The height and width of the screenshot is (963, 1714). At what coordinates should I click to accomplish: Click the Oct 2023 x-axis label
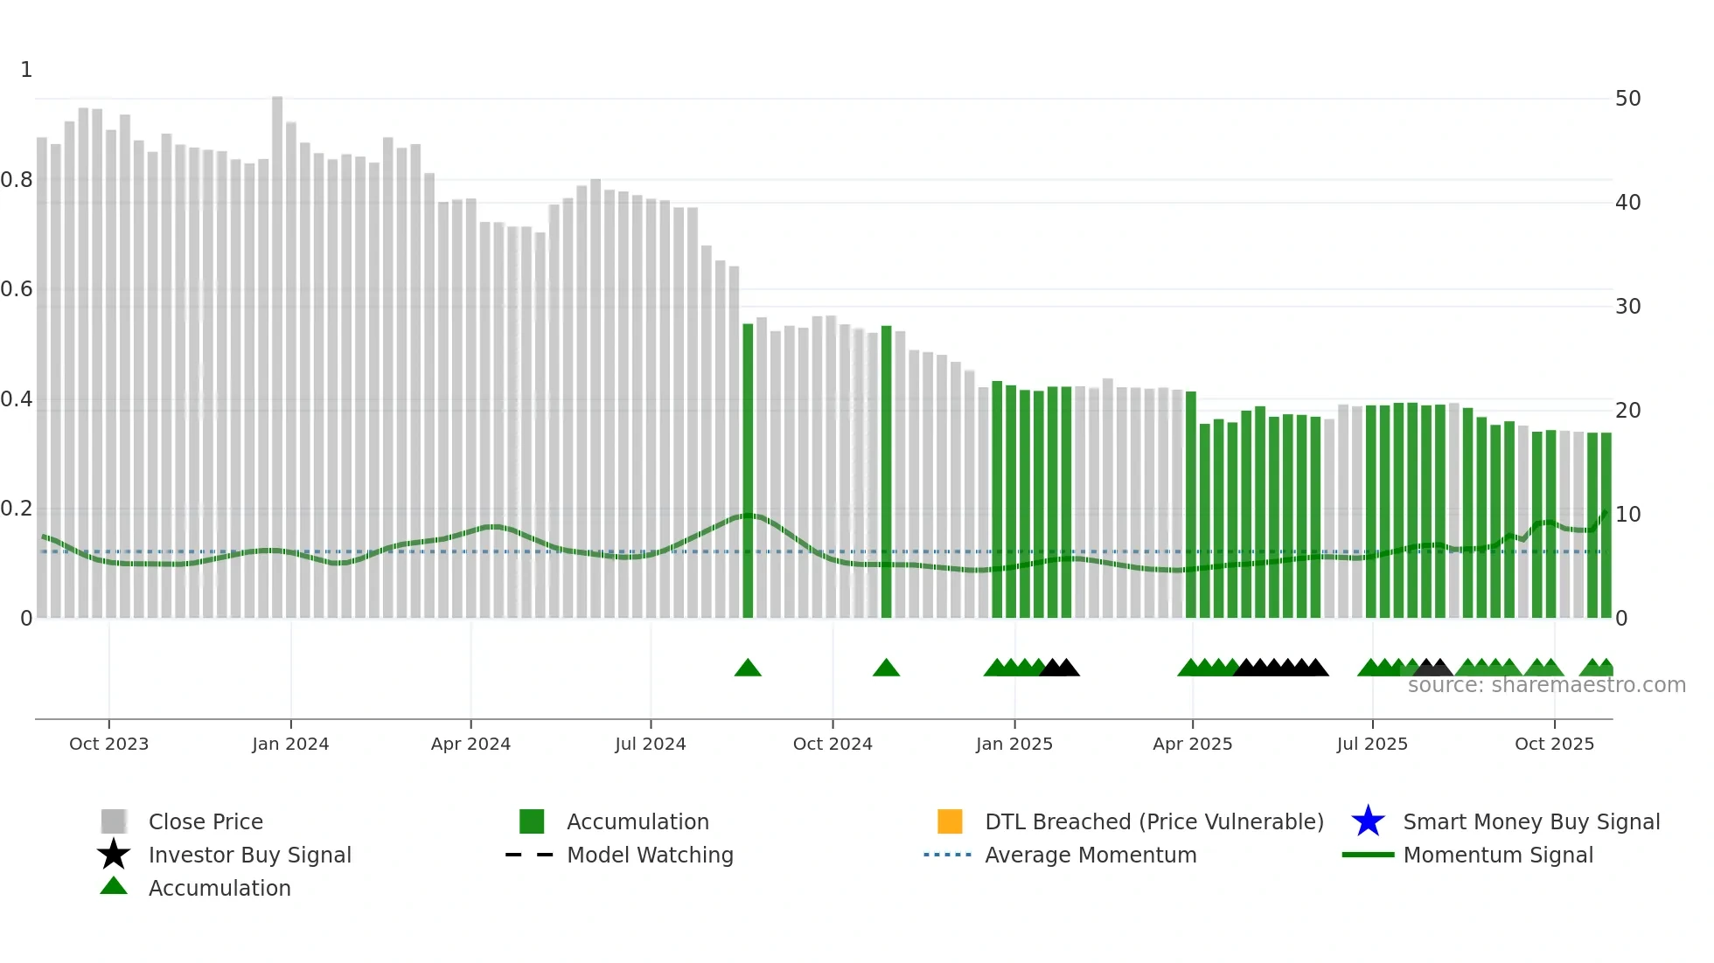pos(108,744)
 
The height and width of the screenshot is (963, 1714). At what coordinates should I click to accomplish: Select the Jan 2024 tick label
pos(290,744)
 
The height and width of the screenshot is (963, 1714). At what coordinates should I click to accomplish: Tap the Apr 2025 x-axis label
pos(1192,744)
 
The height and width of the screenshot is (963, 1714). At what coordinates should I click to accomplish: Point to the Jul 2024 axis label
pos(650,744)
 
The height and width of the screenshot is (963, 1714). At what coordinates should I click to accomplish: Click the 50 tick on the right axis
pos(1627,99)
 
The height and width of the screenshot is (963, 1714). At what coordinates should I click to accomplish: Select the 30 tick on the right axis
pos(1627,307)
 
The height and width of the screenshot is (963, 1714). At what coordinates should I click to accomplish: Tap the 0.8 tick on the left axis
pos(17,180)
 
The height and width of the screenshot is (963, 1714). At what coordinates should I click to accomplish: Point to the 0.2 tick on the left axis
pos(17,509)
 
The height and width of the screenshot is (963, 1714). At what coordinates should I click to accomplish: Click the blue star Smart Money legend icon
pos(1368,821)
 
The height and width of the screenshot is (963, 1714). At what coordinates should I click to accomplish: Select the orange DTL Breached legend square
pos(950,821)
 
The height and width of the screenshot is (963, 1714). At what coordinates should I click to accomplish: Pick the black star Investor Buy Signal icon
pos(114,855)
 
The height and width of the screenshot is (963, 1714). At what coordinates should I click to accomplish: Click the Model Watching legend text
pos(650,855)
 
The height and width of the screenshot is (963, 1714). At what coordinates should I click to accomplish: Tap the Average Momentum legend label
pos(1090,855)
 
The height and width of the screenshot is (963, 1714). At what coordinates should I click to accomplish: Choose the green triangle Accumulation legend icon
pos(114,886)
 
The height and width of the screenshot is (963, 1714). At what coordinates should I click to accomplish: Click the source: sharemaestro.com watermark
pos(1546,685)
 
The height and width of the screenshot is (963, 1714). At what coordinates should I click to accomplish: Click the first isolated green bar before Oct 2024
pos(748,472)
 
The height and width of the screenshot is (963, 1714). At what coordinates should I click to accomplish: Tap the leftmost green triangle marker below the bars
pos(748,669)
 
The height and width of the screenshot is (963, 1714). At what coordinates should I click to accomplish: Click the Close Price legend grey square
pos(114,821)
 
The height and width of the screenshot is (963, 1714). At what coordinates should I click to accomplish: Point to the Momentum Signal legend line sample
pos(1368,855)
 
